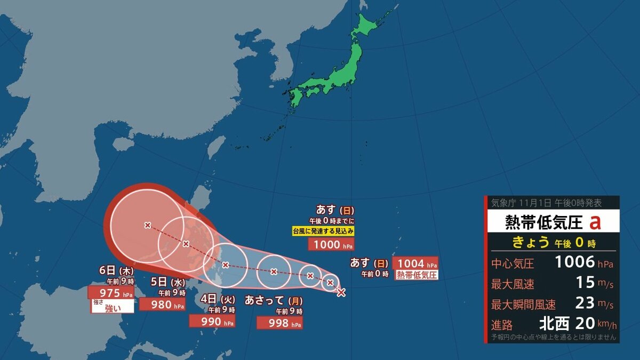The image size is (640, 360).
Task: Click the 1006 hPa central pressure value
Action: [575, 262]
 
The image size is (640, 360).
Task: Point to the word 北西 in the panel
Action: [554, 323]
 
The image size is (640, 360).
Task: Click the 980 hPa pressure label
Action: [162, 305]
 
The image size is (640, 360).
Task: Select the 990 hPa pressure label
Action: [213, 321]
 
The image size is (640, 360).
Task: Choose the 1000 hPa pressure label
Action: [331, 244]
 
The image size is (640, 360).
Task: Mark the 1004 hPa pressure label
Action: [415, 263]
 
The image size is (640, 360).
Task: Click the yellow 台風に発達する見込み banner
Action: [323, 231]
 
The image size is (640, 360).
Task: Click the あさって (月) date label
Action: [274, 300]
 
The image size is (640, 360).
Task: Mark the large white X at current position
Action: [341, 292]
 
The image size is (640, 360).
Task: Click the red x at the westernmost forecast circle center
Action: [148, 225]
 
